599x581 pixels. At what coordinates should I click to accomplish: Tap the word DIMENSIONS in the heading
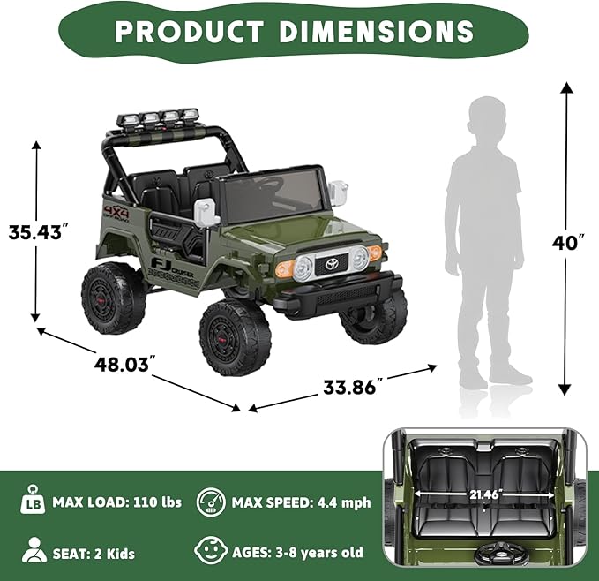377,32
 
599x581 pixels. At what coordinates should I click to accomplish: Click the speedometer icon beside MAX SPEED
211,502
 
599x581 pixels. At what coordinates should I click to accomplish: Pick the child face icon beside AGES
211,552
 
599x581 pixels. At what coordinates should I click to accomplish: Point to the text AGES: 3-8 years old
297,553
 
